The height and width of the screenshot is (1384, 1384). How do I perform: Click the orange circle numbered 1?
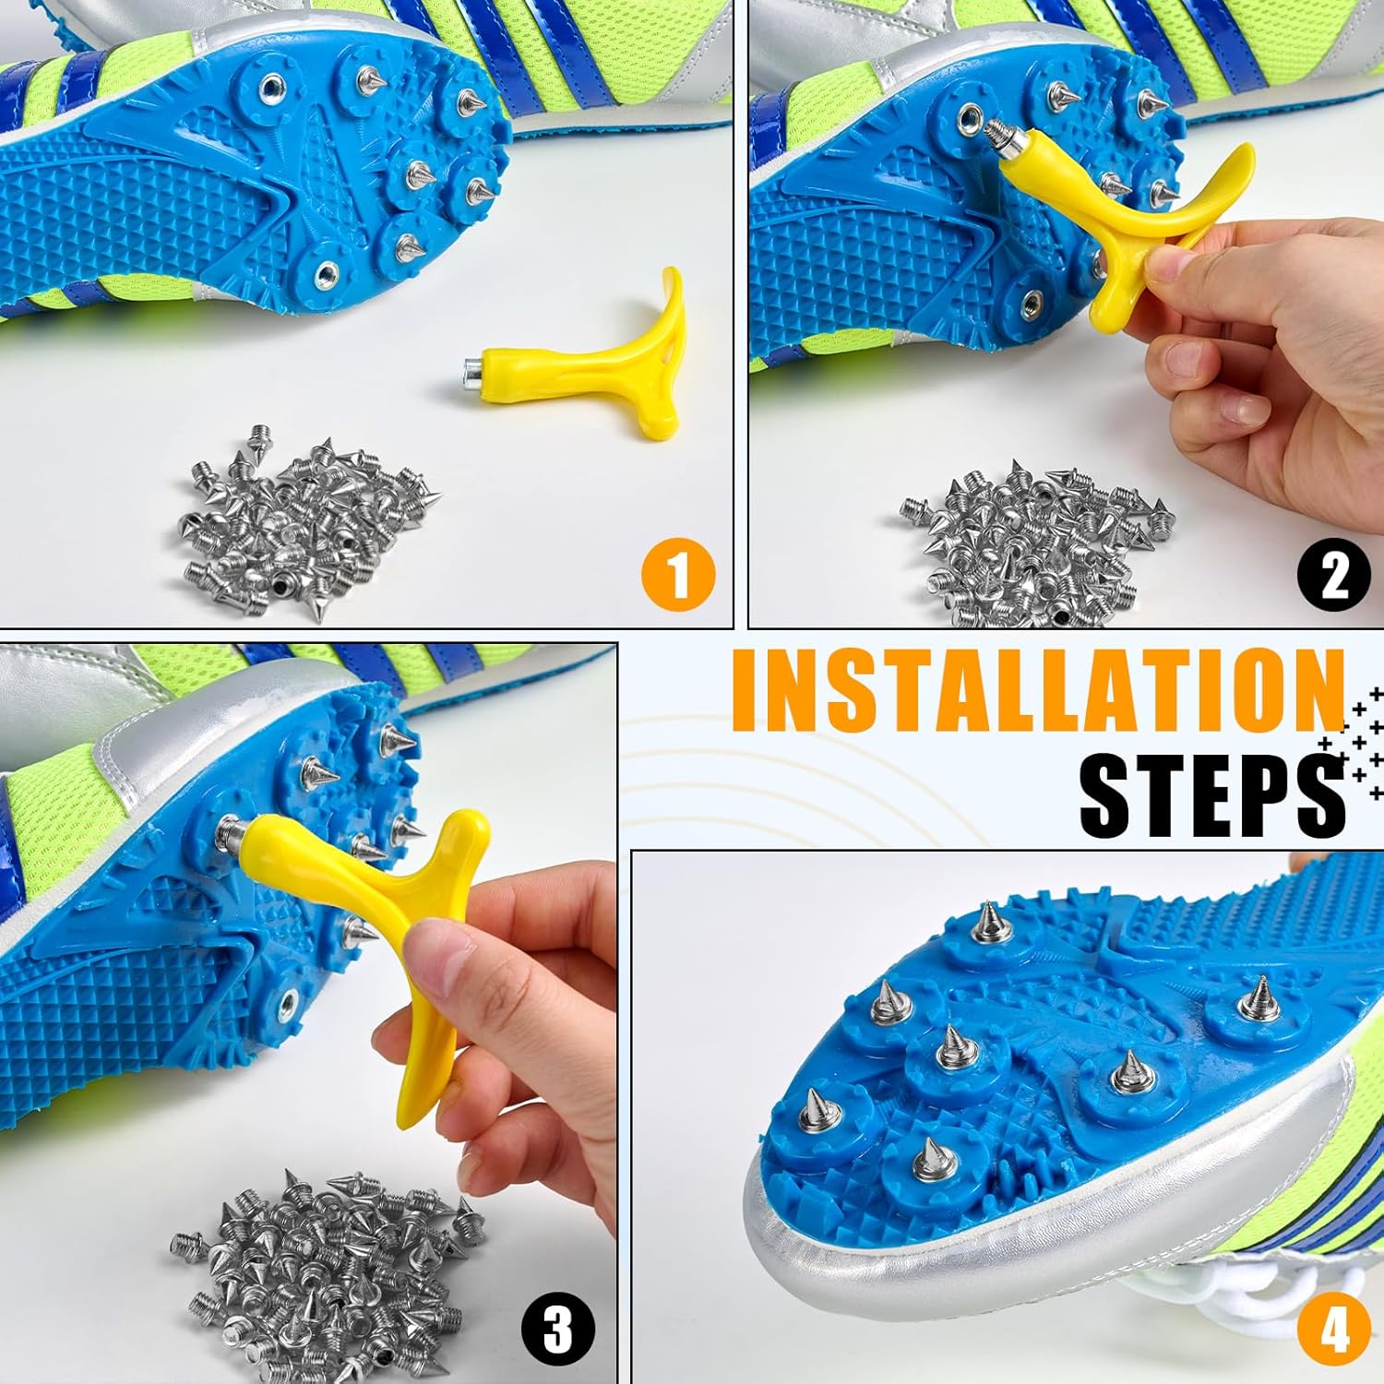pos(678,575)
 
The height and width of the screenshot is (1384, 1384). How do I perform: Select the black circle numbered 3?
pos(557,1330)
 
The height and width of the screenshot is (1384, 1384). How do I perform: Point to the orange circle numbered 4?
pos(1334,1330)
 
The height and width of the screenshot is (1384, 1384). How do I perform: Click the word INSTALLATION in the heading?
pos(1038,692)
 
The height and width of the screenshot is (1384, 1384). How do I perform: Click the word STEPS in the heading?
pos(1211,793)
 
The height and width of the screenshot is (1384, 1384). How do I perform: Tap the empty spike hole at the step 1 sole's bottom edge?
pos(326,272)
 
